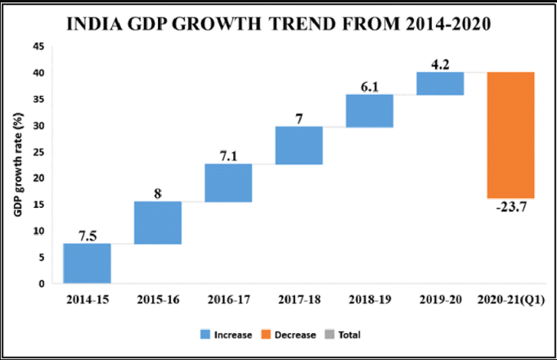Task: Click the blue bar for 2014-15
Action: [x=88, y=263]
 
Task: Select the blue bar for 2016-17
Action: [x=228, y=182]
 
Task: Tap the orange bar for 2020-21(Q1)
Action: [x=511, y=135]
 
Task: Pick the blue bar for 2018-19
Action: [x=369, y=110]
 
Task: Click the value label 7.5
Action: [x=87, y=236]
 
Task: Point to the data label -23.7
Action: [x=511, y=207]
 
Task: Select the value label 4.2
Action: [x=440, y=63]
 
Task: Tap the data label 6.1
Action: [x=370, y=85]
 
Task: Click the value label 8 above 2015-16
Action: [x=158, y=193]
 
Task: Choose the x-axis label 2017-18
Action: [x=299, y=300]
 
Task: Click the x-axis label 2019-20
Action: [x=440, y=300]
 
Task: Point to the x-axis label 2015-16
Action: [x=158, y=300]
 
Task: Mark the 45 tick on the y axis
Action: [x=38, y=47]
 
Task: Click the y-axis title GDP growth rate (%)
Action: [x=16, y=166]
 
